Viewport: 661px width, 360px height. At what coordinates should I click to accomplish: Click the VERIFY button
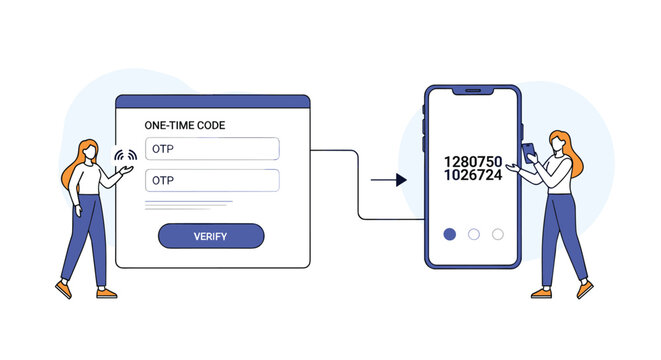211,236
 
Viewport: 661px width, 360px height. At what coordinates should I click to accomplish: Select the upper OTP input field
212,149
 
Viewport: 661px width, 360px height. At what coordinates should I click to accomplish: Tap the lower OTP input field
212,180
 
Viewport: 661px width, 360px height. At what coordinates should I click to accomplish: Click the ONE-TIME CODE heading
185,125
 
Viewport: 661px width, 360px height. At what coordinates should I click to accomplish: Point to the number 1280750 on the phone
473,161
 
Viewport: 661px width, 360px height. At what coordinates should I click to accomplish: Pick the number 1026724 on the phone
473,175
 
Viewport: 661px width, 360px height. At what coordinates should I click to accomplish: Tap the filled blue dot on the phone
450,234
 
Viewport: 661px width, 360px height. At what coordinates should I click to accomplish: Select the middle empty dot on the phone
474,234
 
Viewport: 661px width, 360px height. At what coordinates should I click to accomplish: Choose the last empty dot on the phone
498,234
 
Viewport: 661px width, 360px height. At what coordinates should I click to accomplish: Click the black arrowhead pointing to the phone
401,180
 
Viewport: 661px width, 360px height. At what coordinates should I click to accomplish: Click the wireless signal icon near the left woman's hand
126,155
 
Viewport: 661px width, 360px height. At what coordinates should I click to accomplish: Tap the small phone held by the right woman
529,153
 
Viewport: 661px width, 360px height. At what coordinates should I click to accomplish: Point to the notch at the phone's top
473,91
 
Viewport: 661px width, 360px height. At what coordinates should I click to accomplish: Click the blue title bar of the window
213,102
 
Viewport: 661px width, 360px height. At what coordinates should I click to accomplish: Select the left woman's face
89,152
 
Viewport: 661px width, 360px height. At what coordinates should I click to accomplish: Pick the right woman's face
557,143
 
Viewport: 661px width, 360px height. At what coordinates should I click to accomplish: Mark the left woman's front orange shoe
107,293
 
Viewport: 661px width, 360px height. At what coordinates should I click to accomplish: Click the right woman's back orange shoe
541,293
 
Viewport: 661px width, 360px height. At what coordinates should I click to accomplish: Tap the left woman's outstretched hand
126,170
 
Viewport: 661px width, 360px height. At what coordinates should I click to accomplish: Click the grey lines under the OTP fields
189,205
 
